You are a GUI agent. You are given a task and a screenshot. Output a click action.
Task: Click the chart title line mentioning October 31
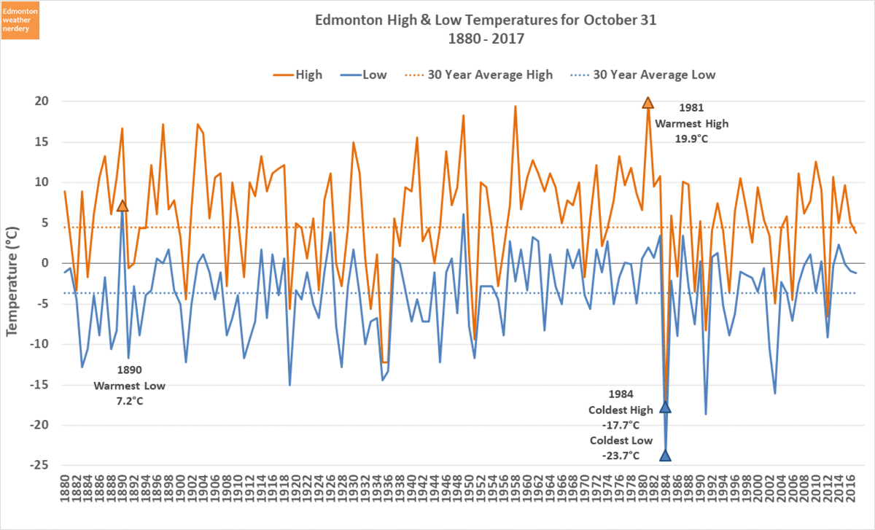pyautogui.click(x=485, y=20)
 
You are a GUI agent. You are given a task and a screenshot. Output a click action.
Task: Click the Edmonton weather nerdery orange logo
pyautogui.click(x=21, y=20)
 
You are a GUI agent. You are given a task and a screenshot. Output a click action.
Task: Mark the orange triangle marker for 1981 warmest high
pyautogui.click(x=647, y=103)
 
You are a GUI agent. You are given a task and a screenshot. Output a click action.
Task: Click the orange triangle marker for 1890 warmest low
pyautogui.click(x=122, y=206)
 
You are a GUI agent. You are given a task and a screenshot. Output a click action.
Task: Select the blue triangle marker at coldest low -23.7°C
pyautogui.click(x=665, y=456)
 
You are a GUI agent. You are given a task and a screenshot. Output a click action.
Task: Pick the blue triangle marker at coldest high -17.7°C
pyautogui.click(x=665, y=407)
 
